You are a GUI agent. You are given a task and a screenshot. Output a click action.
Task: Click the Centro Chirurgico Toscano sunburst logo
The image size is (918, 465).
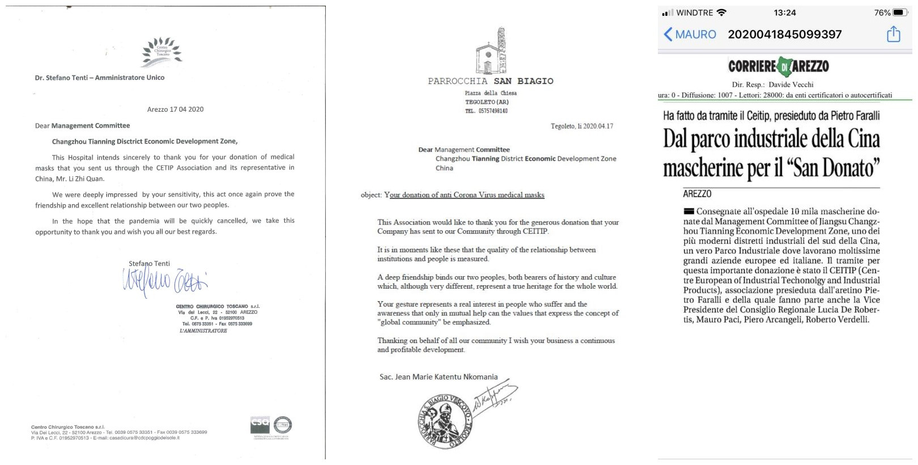click(x=162, y=52)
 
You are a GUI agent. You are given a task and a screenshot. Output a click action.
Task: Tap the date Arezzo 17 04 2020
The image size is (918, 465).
click(x=175, y=109)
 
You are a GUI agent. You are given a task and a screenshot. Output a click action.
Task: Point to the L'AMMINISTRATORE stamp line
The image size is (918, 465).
click(x=203, y=331)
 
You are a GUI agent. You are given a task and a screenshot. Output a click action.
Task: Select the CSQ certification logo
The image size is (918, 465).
click(x=260, y=425)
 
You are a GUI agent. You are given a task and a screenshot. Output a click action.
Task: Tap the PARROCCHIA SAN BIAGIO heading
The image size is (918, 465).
click(x=491, y=81)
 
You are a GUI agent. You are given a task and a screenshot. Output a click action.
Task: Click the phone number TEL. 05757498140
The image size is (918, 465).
click(x=486, y=111)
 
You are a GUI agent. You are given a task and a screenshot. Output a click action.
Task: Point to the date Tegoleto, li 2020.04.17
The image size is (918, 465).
click(x=582, y=126)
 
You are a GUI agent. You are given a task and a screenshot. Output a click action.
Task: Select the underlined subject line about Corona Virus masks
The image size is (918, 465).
click(x=464, y=195)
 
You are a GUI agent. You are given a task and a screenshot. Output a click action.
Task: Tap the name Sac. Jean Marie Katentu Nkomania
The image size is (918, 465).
click(x=439, y=377)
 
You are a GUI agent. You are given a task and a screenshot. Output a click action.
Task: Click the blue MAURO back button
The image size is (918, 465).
click(x=690, y=35)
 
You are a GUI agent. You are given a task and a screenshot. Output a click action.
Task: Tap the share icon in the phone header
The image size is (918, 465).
click(x=893, y=35)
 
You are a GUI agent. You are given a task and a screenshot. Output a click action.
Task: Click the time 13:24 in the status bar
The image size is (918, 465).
click(x=784, y=12)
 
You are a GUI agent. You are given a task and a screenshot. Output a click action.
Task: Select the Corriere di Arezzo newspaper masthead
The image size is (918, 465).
click(x=779, y=66)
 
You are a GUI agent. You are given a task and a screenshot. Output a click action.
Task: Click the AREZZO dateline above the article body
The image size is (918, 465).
click(x=697, y=194)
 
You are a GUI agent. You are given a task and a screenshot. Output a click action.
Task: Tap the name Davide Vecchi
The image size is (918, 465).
click(x=790, y=84)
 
